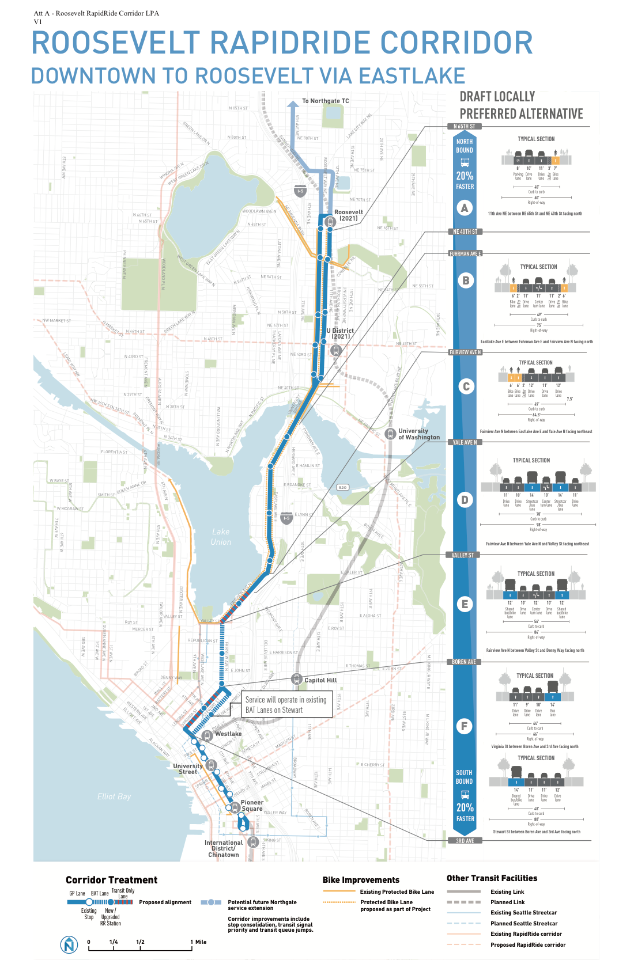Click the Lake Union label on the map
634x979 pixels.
click(x=221, y=537)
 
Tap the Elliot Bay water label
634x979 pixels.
click(x=114, y=796)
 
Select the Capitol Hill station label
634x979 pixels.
click(x=320, y=680)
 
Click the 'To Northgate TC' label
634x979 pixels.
click(x=326, y=101)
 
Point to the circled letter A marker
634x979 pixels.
click(x=465, y=208)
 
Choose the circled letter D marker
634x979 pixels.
click(x=465, y=500)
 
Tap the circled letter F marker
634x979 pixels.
click(x=465, y=726)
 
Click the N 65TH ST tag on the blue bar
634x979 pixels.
click(x=464, y=126)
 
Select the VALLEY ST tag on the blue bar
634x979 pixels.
click(x=463, y=555)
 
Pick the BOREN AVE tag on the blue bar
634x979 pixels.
click(x=463, y=662)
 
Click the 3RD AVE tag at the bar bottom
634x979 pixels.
click(x=465, y=841)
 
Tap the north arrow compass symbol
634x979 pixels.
click(x=69, y=944)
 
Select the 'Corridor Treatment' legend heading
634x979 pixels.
click(x=111, y=880)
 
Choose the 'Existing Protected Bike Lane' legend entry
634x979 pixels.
click(x=397, y=892)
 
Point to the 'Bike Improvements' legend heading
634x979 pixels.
click(x=361, y=880)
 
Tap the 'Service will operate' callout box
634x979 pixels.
click(x=286, y=705)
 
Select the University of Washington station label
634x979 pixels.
click(x=419, y=434)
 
